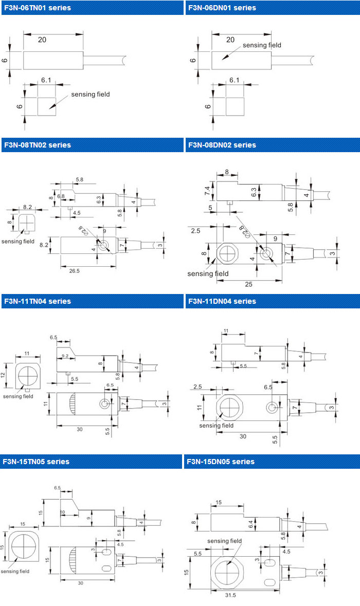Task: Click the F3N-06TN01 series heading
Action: [x=37, y=8]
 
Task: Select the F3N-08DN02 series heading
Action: [x=222, y=145]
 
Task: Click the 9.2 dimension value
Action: [x=65, y=355]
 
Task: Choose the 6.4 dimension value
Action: [x=251, y=524]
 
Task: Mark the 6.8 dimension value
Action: [x=61, y=196]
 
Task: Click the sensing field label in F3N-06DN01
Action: [x=262, y=45]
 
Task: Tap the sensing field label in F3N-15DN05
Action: [x=224, y=541]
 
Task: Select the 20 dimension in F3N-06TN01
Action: [x=43, y=40]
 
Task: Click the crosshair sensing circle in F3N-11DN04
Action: [x=227, y=407]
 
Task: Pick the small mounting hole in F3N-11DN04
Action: [x=272, y=408]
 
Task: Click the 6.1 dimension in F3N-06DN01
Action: [x=235, y=81]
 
